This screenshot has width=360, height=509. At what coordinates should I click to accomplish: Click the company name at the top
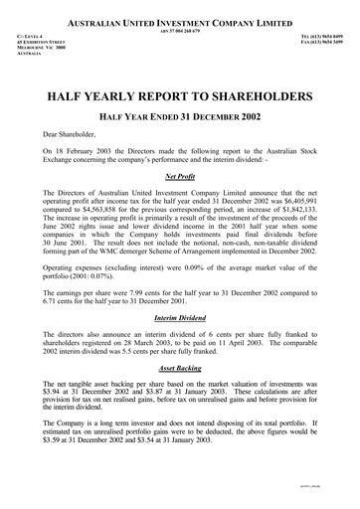pyautogui.click(x=179, y=21)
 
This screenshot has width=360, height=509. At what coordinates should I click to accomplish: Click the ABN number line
pyautogui.click(x=179, y=30)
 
